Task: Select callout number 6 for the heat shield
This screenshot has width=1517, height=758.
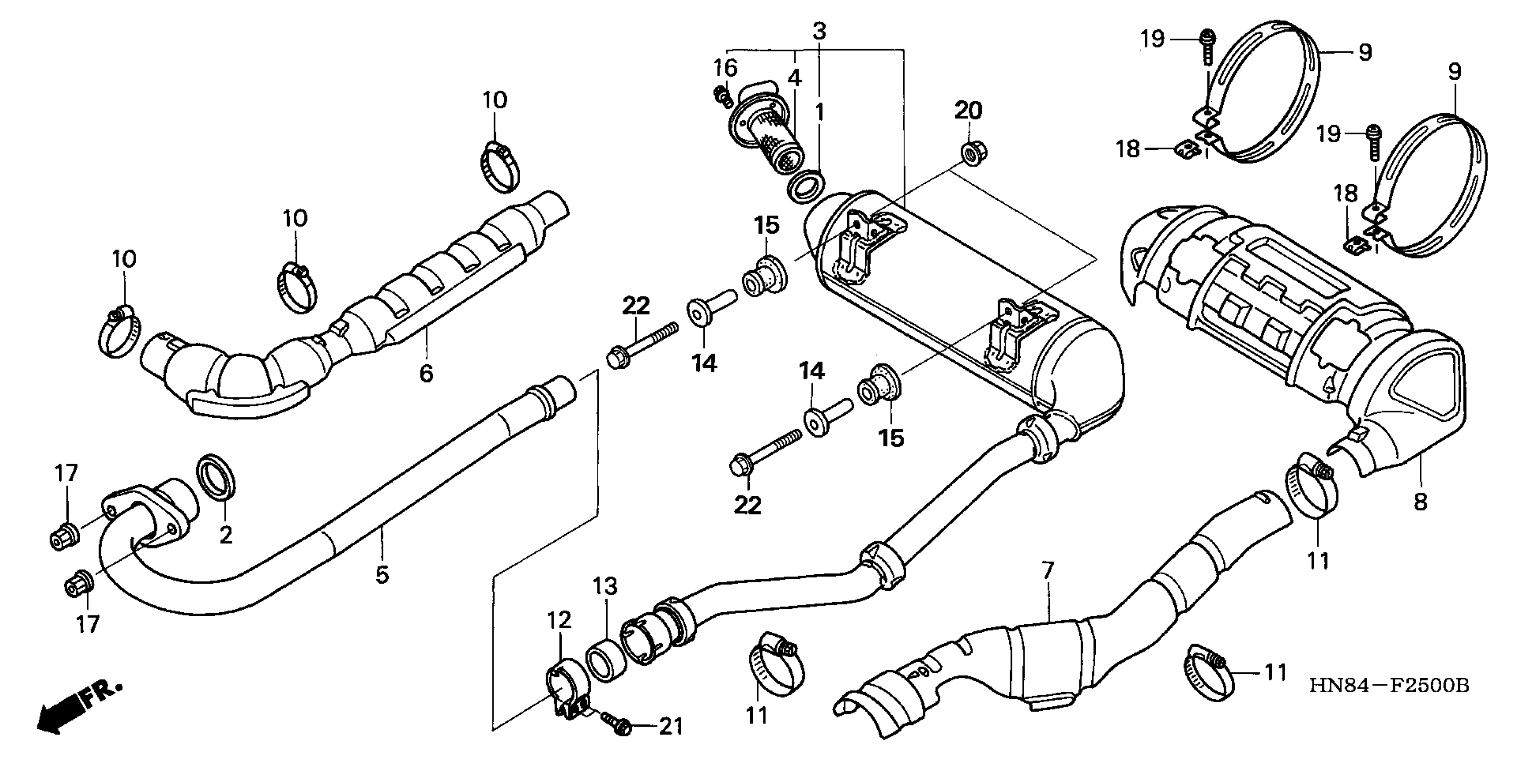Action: (x=426, y=373)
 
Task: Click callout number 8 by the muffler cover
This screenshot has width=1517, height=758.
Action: (x=1420, y=502)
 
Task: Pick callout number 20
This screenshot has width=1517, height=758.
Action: (x=969, y=110)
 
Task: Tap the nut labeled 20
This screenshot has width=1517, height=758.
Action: (x=974, y=152)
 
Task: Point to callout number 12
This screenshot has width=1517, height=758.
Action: (x=559, y=620)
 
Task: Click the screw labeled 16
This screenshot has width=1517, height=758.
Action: (x=722, y=97)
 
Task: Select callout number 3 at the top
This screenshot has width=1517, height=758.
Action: (x=820, y=31)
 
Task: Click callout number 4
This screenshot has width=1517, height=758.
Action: (x=794, y=78)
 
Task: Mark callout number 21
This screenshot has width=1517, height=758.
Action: (x=671, y=727)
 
